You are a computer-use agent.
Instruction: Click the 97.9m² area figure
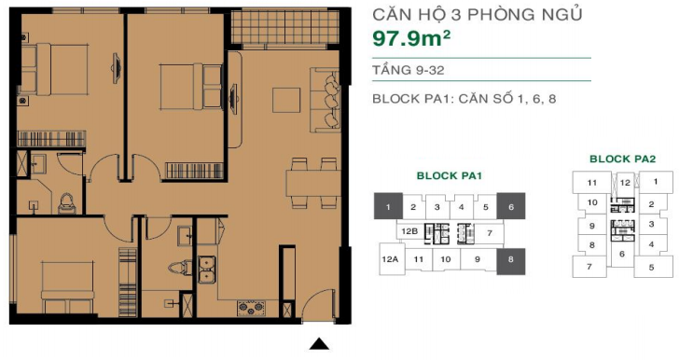coord(411,38)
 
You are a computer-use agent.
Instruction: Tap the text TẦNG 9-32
coord(409,70)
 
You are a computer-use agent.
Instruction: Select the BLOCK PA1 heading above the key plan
coord(449,175)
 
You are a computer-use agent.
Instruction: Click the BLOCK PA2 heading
coord(623,159)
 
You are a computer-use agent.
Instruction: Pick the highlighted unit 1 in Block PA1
coord(388,206)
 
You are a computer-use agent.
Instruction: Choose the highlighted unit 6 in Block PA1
coord(511,206)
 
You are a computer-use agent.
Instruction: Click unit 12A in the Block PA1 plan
coord(390,259)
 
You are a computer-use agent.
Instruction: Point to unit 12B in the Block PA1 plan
coord(409,231)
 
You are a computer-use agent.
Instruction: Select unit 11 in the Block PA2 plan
coord(592,183)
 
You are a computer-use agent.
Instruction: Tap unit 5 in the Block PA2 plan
coord(651,267)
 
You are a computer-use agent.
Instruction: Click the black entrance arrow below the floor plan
coord(319,343)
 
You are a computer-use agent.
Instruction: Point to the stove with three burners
coord(251,307)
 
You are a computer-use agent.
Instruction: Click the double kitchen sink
coord(207,270)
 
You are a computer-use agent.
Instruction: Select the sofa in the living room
coord(325,100)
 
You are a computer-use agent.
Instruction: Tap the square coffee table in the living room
coord(286,100)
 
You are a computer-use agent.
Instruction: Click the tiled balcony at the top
coord(285,27)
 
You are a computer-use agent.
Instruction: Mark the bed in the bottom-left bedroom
coord(67,286)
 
